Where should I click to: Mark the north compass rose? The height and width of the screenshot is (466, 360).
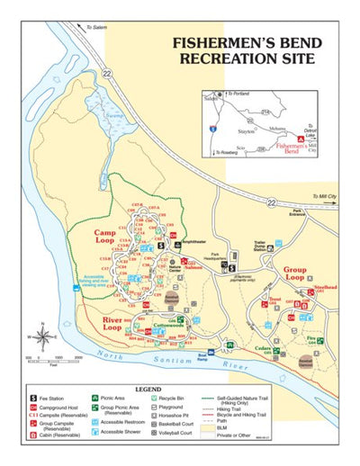click(41, 337)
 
